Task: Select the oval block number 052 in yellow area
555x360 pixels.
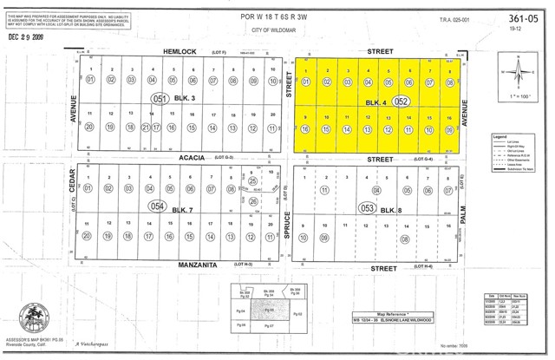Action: pyautogui.click(x=400, y=101)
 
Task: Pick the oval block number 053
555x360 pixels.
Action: pyautogui.click(x=368, y=208)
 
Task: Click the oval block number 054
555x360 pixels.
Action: pyautogui.click(x=157, y=206)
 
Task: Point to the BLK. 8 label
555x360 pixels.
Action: pyautogui.click(x=390, y=209)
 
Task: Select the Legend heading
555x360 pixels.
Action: pyautogui.click(x=500, y=137)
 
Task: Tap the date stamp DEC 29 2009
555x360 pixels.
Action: pyautogui.click(x=31, y=37)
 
